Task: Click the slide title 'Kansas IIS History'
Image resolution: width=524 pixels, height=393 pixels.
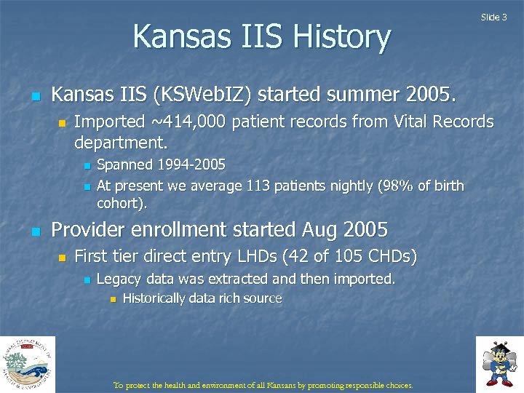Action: pyautogui.click(x=262, y=36)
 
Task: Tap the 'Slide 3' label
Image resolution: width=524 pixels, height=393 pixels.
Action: pyautogui.click(x=494, y=17)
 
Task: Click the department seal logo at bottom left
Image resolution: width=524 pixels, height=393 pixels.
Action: pyautogui.click(x=28, y=364)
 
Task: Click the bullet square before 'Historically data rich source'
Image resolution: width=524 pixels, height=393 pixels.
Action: pyautogui.click(x=112, y=299)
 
